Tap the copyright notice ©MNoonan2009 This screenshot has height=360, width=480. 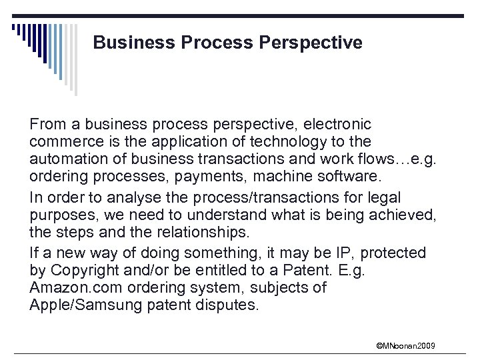coord(406,345)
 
